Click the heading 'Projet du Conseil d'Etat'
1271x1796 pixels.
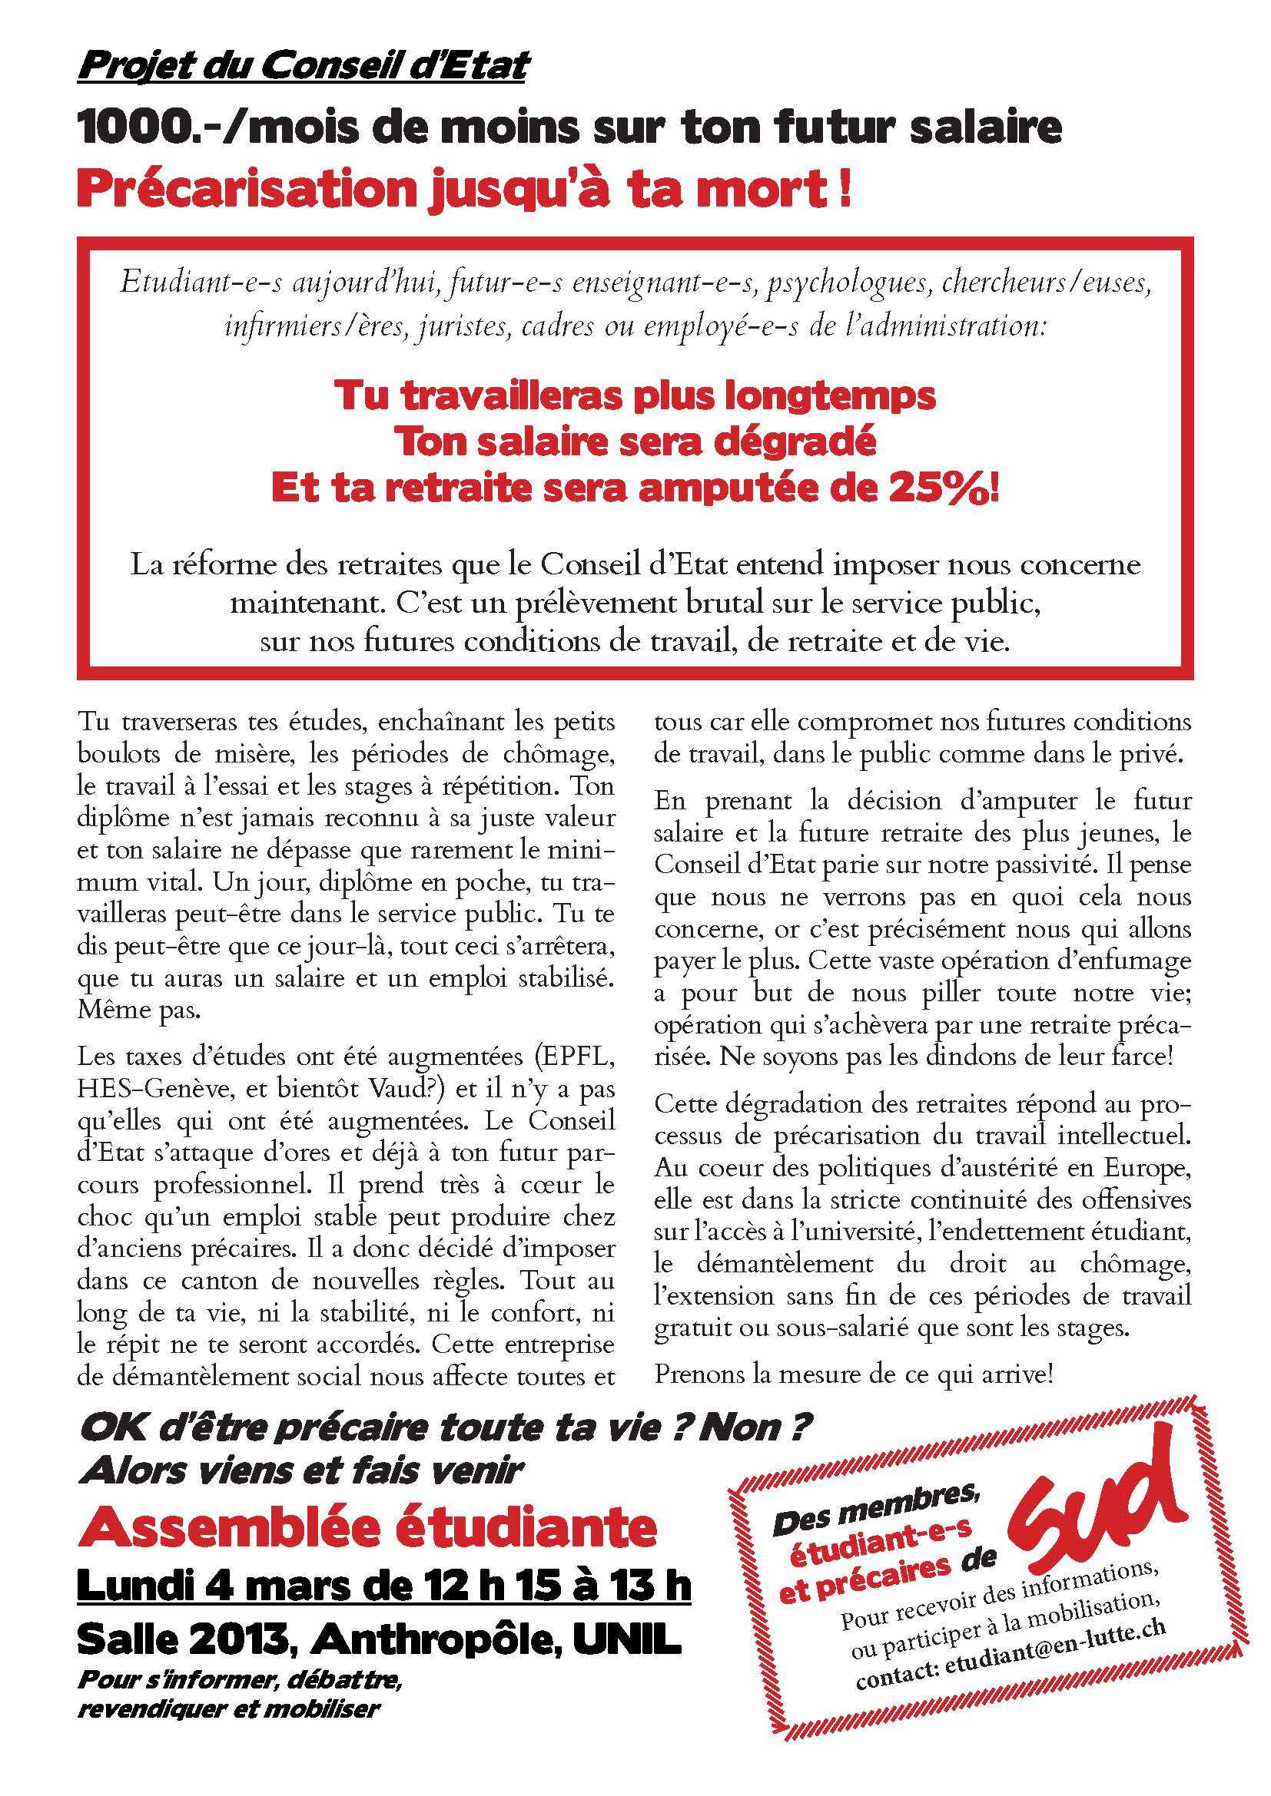pyautogui.click(x=303, y=68)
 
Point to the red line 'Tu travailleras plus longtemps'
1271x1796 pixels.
pyautogui.click(x=635, y=395)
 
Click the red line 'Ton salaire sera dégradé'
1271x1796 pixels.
pyautogui.click(x=635, y=443)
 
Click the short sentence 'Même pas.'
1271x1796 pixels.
pyautogui.click(x=139, y=1010)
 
